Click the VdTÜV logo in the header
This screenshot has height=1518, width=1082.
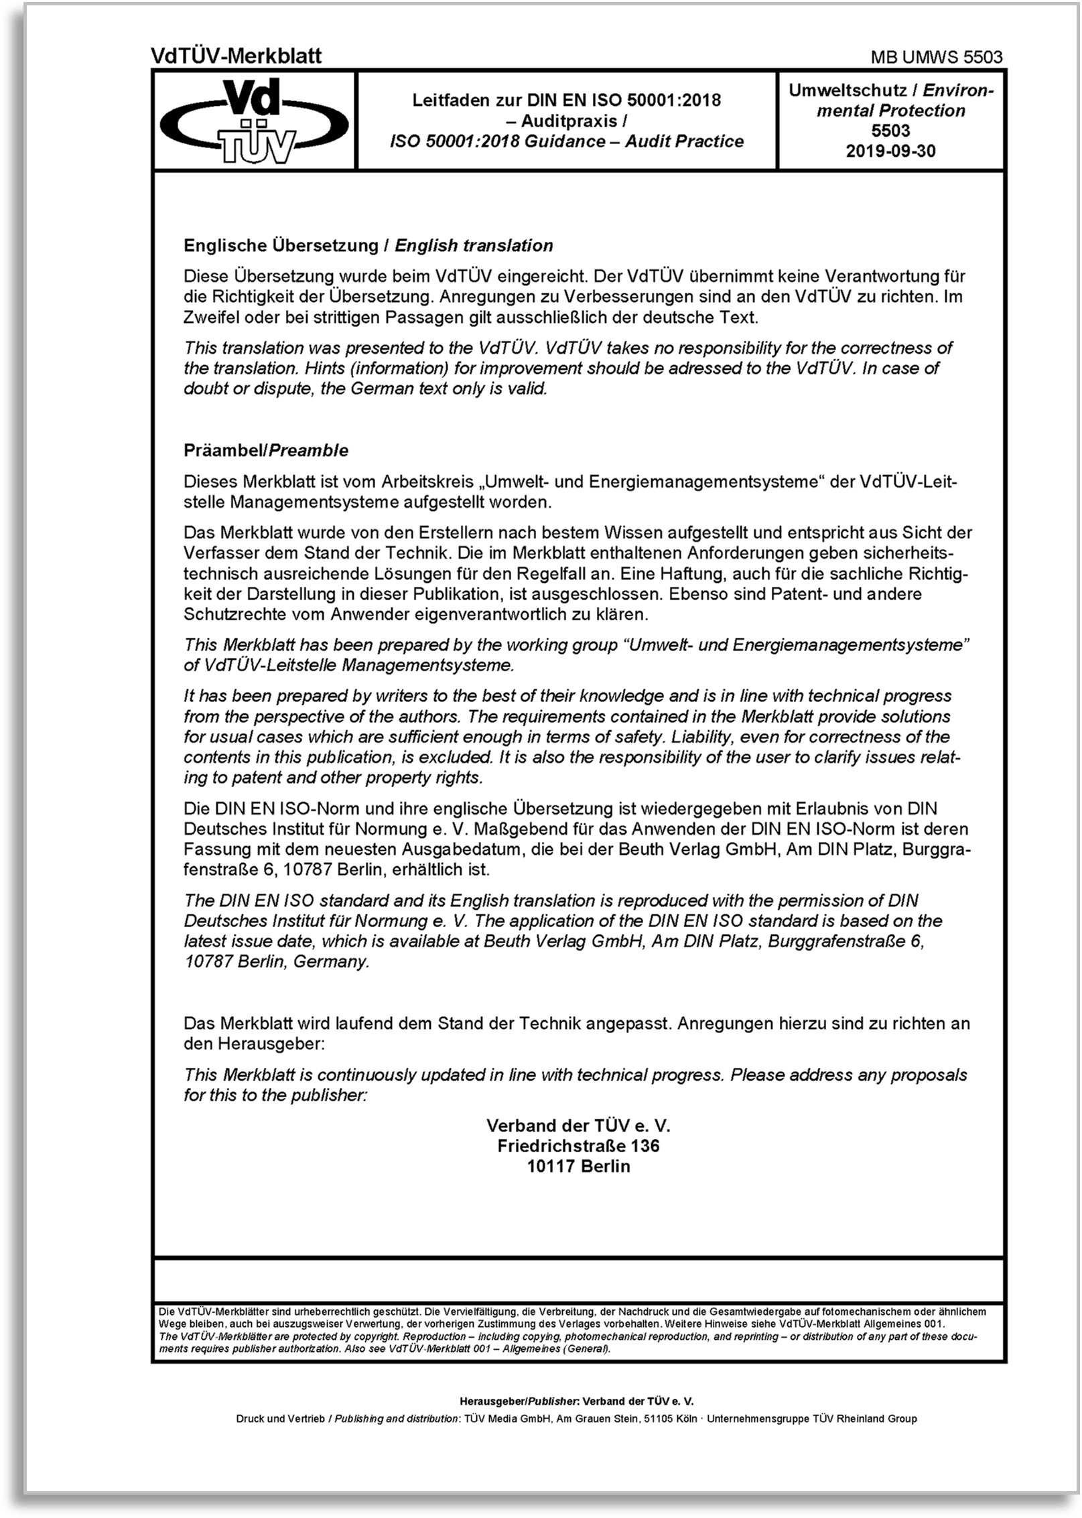tap(254, 121)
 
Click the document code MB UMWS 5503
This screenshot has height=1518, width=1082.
tap(936, 58)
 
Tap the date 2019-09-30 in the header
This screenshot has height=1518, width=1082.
tap(890, 151)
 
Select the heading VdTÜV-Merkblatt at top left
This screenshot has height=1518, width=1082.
tap(236, 56)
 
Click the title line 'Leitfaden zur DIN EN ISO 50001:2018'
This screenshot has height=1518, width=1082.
tap(566, 100)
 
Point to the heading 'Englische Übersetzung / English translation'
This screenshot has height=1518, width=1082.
tap(368, 245)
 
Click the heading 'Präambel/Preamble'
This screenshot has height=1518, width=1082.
tap(266, 450)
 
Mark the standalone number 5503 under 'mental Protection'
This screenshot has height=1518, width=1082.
tap(890, 131)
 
